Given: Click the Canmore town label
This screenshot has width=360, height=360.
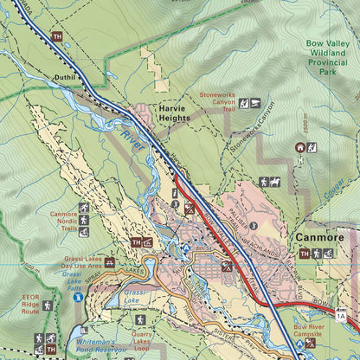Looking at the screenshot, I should (x=319, y=236).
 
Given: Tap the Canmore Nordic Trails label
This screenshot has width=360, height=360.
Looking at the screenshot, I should (x=63, y=220).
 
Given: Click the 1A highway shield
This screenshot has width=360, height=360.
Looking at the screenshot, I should (x=341, y=317).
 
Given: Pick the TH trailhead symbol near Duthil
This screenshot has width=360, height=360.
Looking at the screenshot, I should (x=57, y=36).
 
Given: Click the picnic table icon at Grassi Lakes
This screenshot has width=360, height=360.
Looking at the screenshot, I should (x=110, y=261).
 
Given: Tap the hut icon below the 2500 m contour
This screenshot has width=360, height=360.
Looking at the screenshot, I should (x=299, y=148).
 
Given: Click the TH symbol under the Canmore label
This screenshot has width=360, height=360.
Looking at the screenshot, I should (x=304, y=254).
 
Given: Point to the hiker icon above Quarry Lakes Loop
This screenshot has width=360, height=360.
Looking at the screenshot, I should (x=138, y=320).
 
